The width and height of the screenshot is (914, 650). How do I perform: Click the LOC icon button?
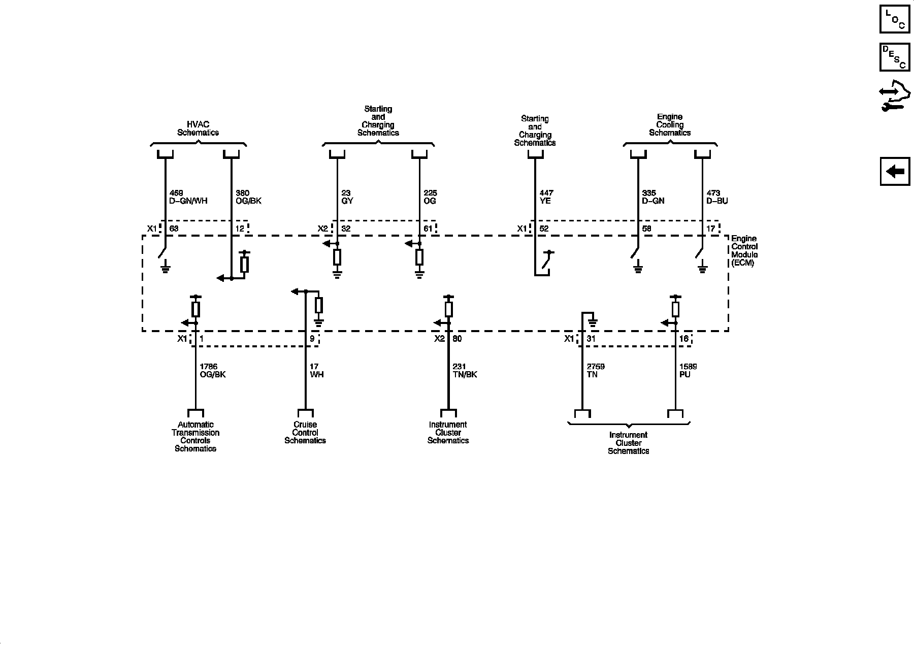point(895,19)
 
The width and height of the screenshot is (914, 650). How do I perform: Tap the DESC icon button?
point(895,57)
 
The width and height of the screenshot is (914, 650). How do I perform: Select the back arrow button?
point(895,171)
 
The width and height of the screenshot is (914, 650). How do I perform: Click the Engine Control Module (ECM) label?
point(744,251)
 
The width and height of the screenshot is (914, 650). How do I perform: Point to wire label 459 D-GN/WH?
point(188,197)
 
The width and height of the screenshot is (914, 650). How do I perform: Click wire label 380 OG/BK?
point(248,197)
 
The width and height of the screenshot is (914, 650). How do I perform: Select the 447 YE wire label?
point(546,197)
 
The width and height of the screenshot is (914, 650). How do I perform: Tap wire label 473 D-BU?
point(717,197)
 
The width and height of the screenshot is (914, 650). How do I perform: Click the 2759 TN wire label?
point(596,371)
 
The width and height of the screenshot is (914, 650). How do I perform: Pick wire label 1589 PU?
point(688,371)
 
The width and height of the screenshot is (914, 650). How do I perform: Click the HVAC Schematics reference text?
point(198,128)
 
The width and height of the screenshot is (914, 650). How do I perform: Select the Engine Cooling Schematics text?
point(670,125)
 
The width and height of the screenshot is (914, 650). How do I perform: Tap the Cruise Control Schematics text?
point(305,433)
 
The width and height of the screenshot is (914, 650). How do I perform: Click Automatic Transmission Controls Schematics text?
point(195,437)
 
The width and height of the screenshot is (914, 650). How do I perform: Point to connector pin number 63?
point(174,229)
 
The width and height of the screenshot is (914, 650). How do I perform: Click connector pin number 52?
point(544,229)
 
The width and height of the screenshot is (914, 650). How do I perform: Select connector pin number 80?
point(457,339)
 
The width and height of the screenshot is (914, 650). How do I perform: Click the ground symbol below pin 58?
point(638,269)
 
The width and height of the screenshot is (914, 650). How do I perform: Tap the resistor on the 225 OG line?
point(419,257)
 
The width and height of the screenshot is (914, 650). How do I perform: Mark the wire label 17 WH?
point(316,371)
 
